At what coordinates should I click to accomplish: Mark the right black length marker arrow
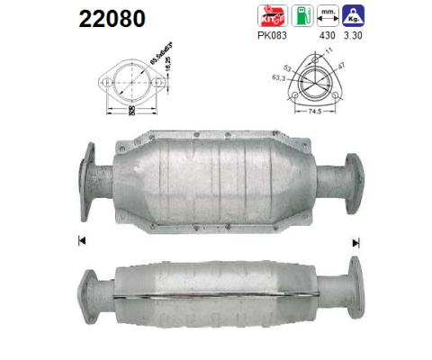[x=356, y=240]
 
